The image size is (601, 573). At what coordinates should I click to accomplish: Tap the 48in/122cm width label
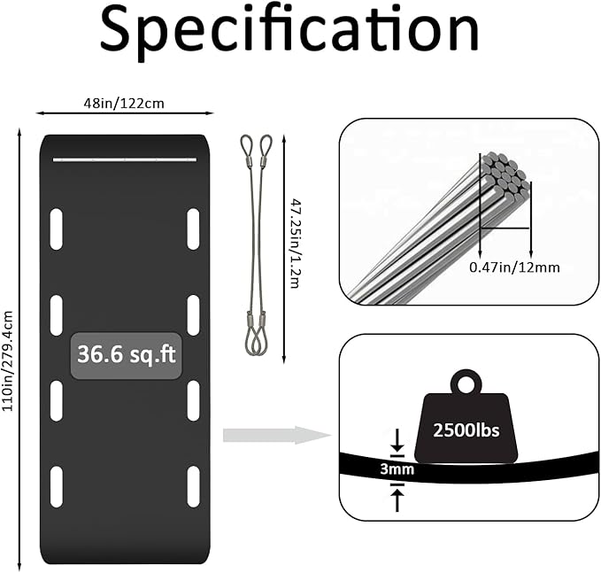(124, 104)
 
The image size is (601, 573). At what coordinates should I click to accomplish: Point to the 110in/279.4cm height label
(8, 360)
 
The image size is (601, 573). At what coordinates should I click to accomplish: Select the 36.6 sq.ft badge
(126, 355)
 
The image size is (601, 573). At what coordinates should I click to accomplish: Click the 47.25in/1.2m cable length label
(296, 244)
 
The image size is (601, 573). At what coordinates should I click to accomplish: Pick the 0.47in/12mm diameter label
(514, 267)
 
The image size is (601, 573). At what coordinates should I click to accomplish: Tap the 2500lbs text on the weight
(466, 430)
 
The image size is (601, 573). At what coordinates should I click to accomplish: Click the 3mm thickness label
(397, 469)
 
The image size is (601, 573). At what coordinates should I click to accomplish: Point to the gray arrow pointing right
(277, 436)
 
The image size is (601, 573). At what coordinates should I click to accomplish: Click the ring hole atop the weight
(466, 384)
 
